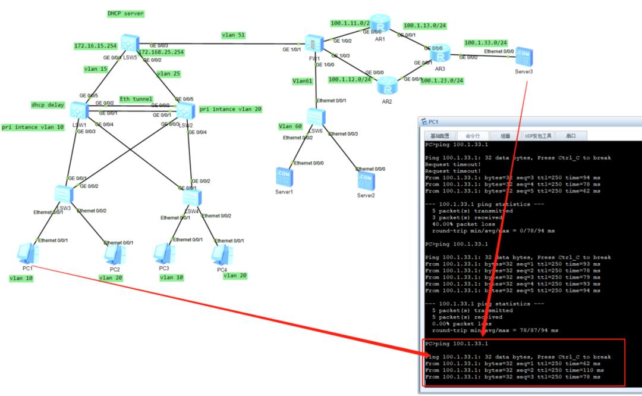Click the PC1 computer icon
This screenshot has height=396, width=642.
(x=27, y=254)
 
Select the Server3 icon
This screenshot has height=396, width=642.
(x=524, y=57)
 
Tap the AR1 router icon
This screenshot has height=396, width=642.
(x=379, y=24)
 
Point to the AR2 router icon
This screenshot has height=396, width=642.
(x=387, y=85)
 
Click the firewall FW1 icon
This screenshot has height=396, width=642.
(x=313, y=43)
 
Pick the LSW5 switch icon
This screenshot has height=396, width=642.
(x=128, y=43)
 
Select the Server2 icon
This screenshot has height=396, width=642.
(x=366, y=180)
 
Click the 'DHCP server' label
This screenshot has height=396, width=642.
(x=125, y=13)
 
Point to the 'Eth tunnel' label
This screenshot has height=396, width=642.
(x=136, y=99)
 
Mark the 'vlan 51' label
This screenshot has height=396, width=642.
(x=234, y=35)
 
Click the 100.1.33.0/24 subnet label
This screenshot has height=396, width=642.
(x=486, y=43)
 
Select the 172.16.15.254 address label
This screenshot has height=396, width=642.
(x=95, y=46)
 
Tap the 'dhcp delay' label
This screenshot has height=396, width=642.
(x=47, y=105)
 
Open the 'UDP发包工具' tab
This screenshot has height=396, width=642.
(x=539, y=136)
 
